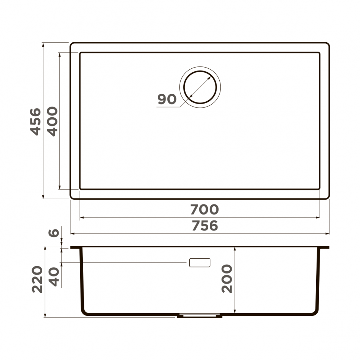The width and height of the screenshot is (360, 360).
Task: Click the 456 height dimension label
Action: (36, 121)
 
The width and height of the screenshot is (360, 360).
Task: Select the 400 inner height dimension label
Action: (52, 121)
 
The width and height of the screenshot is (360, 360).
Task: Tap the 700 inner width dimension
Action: (204, 210)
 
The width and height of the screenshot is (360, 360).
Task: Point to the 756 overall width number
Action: (204, 226)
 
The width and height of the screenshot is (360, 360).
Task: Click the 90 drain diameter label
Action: (167, 99)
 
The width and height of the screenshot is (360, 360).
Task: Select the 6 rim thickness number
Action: (54, 233)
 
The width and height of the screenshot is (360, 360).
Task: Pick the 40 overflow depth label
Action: (54, 277)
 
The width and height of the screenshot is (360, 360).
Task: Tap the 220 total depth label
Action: (37, 279)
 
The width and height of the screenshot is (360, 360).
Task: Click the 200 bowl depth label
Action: (227, 279)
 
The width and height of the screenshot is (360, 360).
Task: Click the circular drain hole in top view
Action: (200, 87)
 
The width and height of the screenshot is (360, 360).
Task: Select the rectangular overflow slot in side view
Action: (200, 262)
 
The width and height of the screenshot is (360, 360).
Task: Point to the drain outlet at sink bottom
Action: (200, 316)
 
